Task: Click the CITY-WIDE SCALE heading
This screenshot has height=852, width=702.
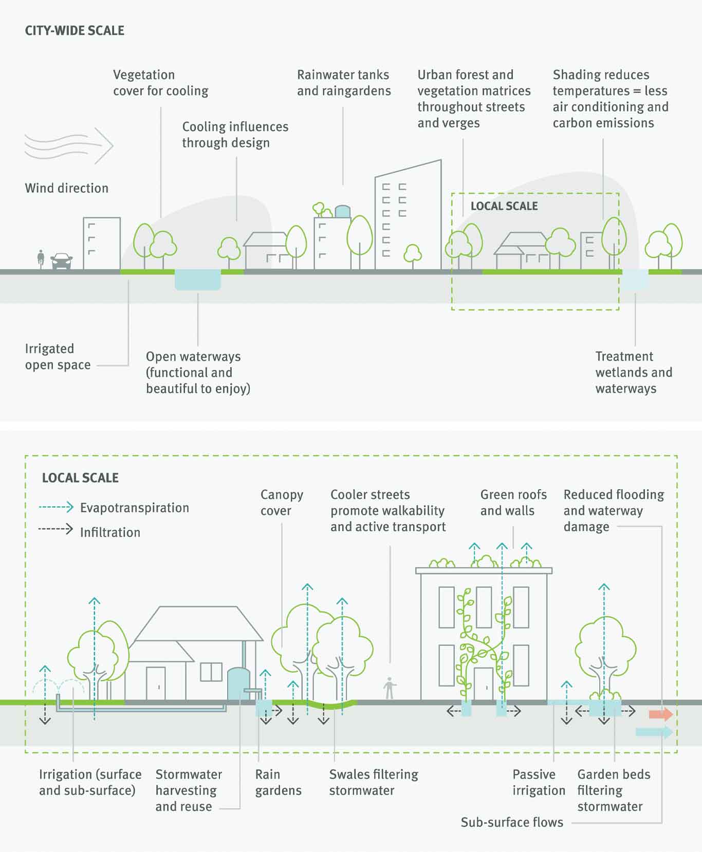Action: [x=75, y=31]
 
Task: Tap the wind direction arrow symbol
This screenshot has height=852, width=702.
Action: [x=69, y=145]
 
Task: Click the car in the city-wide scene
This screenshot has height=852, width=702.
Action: [x=62, y=261]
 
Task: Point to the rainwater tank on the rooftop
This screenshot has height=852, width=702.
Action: [x=342, y=211]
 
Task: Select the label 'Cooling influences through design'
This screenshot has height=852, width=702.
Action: [x=235, y=135]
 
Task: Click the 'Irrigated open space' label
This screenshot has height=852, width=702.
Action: [x=58, y=357]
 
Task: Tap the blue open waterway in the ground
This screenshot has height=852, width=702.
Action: [x=198, y=280]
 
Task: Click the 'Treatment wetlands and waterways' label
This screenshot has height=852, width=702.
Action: [x=633, y=373]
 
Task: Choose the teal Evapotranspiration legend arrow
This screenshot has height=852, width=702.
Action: [x=56, y=507]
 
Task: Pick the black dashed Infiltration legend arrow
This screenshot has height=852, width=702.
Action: [x=56, y=529]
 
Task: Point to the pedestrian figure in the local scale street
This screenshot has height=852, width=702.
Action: [x=390, y=688]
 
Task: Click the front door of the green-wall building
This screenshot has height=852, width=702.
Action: [x=483, y=684]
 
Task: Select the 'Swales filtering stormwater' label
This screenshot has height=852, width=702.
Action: [x=374, y=782]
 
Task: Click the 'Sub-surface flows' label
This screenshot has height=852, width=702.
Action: [x=512, y=822]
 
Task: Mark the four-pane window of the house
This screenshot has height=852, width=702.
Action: [x=211, y=672]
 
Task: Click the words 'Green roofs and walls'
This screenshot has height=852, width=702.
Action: [x=513, y=503]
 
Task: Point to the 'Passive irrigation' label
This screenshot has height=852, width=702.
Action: [x=538, y=782]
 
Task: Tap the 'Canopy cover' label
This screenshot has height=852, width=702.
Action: [x=281, y=503]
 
